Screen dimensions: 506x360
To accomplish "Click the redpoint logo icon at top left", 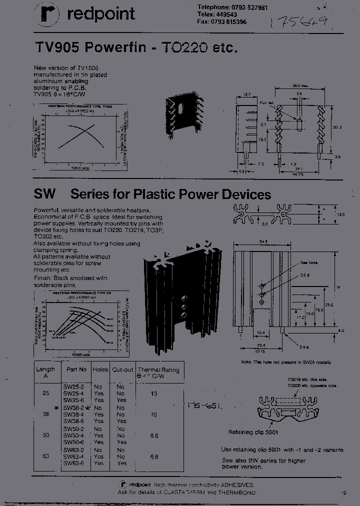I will pyautogui.click(x=46, y=14).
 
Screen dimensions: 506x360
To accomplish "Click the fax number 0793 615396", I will pyautogui.click(x=221, y=22).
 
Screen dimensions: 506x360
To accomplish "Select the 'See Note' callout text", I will pyautogui.click(x=309, y=263).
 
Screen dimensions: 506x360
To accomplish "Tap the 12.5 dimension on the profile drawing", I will pyautogui.click(x=341, y=214).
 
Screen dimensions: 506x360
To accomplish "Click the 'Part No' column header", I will pyautogui.click(x=76, y=369).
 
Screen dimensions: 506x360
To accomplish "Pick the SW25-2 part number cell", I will pyautogui.click(x=72, y=386).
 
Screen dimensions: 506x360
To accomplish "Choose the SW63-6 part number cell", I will pyautogui.click(x=72, y=463).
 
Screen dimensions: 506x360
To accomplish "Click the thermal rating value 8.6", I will pyautogui.click(x=153, y=435).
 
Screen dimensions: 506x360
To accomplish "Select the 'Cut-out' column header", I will pyautogui.click(x=122, y=369).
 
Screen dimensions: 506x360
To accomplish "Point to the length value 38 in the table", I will pyautogui.click(x=45, y=414).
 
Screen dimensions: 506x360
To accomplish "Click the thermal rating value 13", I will pyautogui.click(x=153, y=393).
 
